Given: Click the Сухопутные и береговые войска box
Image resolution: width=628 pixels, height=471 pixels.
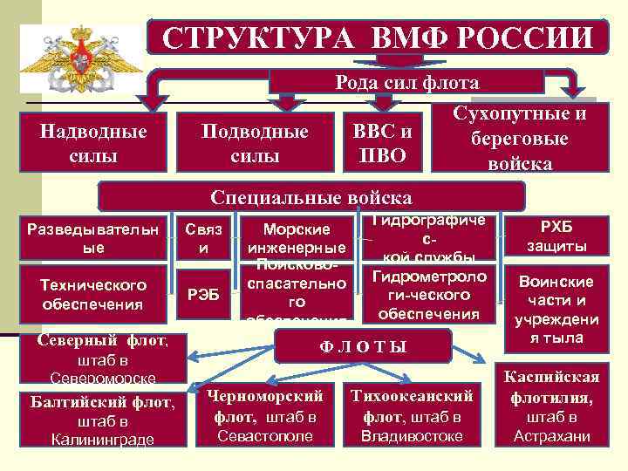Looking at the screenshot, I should click(x=520, y=139).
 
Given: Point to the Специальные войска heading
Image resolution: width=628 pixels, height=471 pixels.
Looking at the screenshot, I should click(x=312, y=195).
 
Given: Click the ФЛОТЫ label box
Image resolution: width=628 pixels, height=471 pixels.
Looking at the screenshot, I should click(x=364, y=345).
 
